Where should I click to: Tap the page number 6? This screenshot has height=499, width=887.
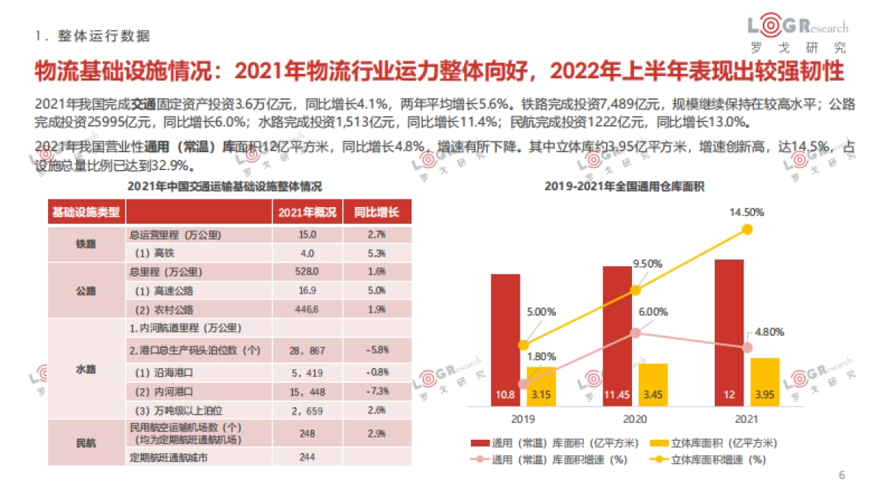(x=841, y=474)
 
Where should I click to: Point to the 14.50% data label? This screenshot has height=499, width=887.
(x=747, y=212)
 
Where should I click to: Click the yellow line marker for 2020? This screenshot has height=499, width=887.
(x=635, y=291)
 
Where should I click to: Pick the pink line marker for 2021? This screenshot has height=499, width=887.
(x=747, y=347)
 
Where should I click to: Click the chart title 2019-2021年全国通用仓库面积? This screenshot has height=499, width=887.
(x=624, y=188)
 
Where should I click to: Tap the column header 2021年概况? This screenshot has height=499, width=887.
(x=307, y=213)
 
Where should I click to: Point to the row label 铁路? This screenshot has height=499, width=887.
(x=86, y=244)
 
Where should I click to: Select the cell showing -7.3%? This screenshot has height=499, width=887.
(x=376, y=390)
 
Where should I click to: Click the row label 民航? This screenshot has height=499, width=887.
(x=86, y=443)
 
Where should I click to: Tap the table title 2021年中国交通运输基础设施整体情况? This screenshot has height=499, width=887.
(x=225, y=187)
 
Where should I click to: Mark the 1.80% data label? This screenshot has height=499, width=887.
(x=542, y=356)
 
